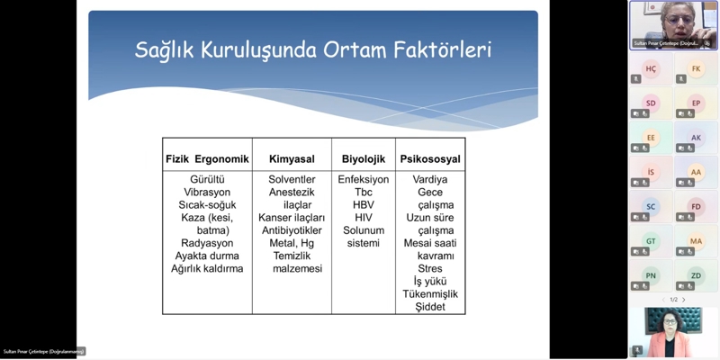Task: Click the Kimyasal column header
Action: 292,159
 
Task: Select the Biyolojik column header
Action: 364,159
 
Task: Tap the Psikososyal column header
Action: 430,159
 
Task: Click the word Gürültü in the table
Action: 206,179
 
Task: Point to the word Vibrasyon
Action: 207,192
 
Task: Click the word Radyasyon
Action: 207,243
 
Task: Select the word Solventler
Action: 292,179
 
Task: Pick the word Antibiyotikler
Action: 292,230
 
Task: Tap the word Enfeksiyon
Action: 364,179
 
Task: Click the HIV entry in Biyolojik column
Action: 364,218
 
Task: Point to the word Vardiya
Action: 430,179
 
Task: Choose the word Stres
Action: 430,268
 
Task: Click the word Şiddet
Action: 430,307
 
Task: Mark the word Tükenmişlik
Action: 430,294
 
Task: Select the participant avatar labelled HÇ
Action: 651,69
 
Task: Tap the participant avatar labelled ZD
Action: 696,275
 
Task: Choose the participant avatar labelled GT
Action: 651,241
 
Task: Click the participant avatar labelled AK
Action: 696,138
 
